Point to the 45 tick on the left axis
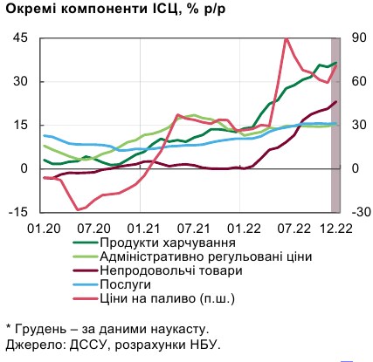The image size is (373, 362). pos(20,38)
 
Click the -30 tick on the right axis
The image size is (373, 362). pos(360,212)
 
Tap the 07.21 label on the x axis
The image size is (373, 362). pos(190,228)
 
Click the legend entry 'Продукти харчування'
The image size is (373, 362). pos(167,242)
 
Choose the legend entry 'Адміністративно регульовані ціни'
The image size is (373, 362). pos(205,256)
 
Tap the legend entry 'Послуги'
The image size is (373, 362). pos(126,284)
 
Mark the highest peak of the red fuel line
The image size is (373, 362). pos(287,38)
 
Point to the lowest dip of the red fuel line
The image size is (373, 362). pos(79,209)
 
